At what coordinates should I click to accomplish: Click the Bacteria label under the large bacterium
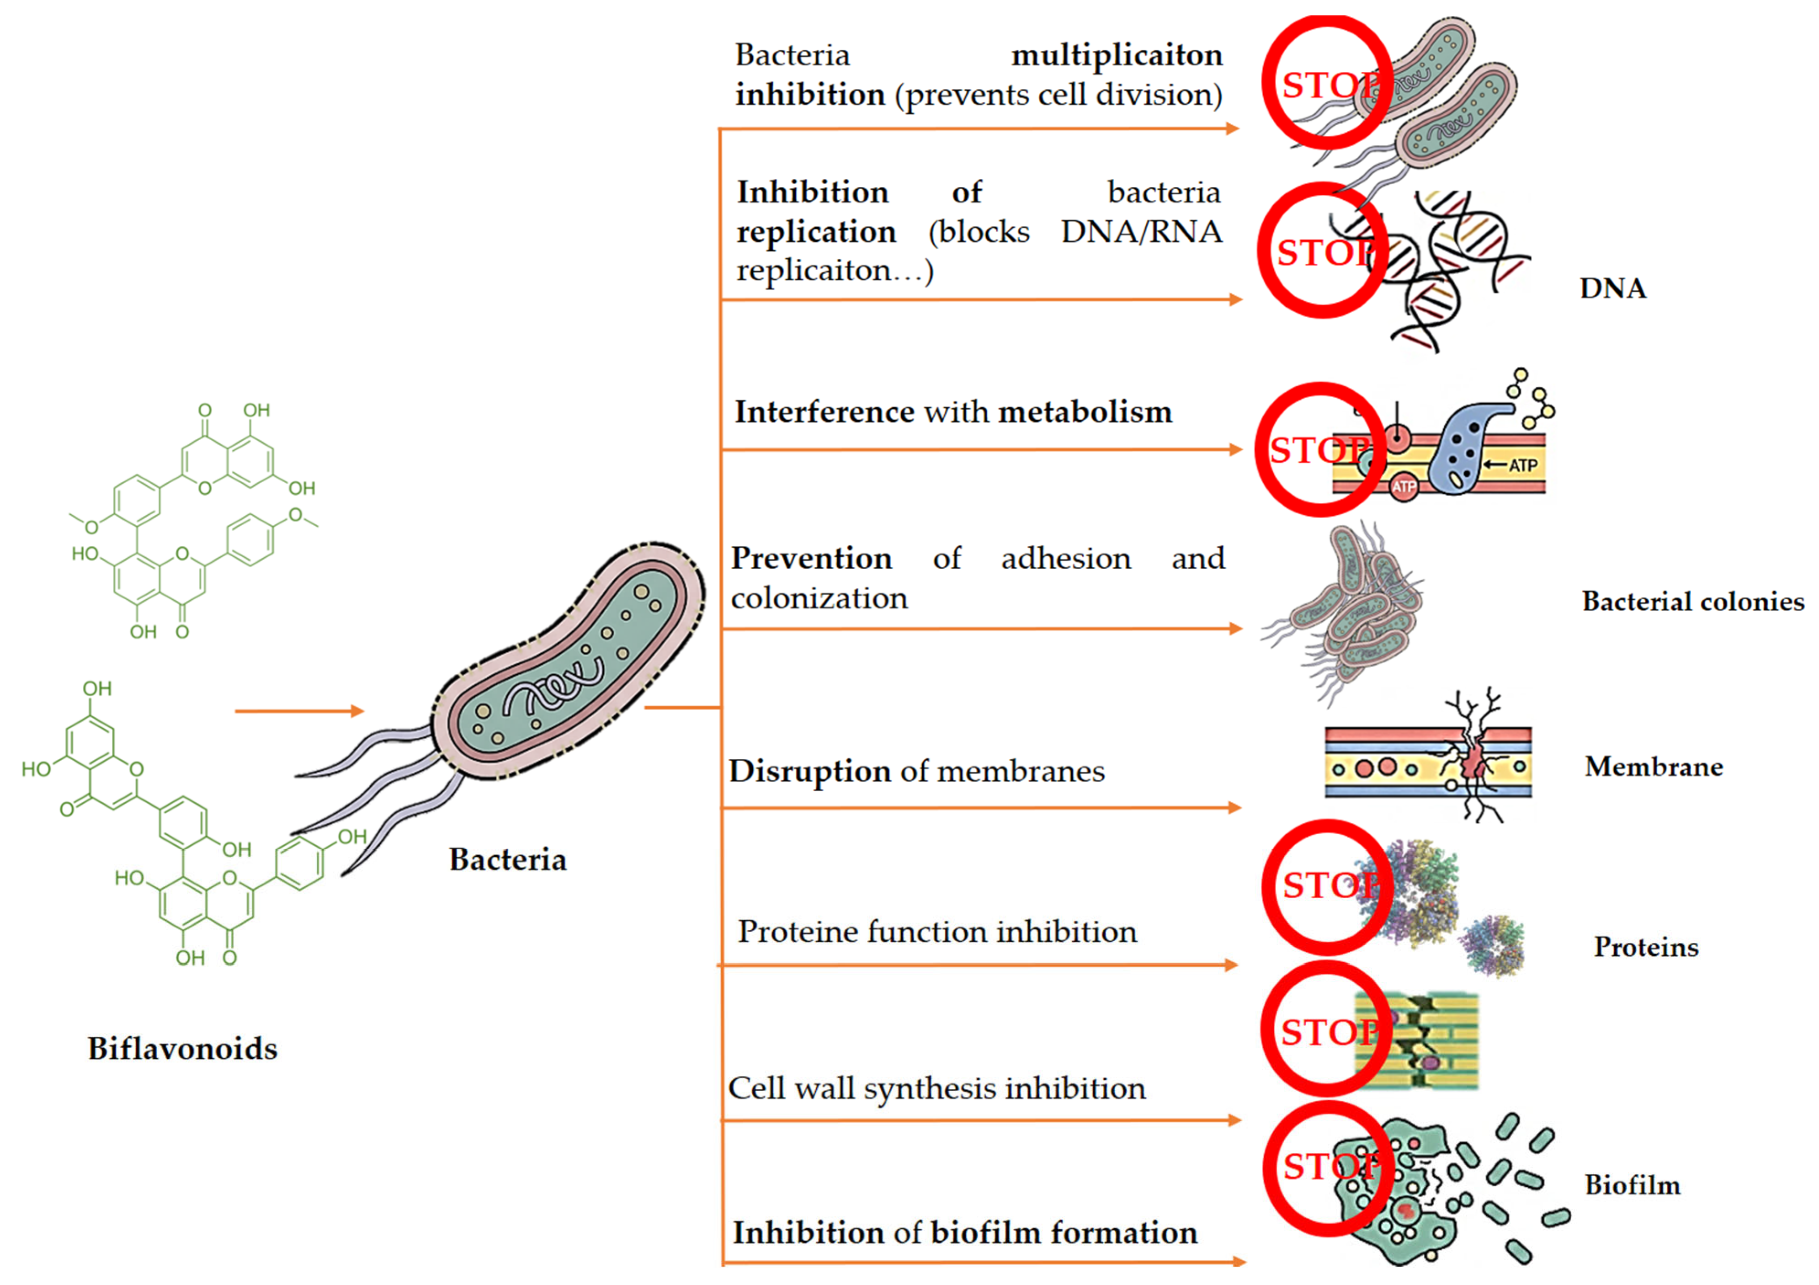tap(508, 859)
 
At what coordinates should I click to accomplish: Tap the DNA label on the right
tap(1613, 288)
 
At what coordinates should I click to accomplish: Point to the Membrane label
tap(1654, 767)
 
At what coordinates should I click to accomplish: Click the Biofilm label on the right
tap(1632, 1186)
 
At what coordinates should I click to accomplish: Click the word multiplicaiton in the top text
tap(1117, 55)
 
